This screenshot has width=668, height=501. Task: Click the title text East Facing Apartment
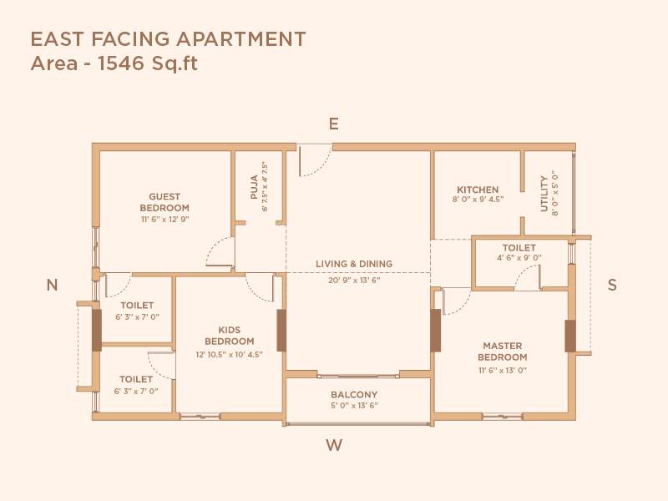[x=168, y=38]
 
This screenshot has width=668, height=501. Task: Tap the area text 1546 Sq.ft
[x=114, y=63]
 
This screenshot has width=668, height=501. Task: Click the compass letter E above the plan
[x=333, y=124]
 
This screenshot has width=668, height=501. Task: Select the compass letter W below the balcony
[x=334, y=445]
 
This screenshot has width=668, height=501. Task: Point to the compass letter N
[x=52, y=286]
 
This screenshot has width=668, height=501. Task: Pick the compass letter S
[x=612, y=285]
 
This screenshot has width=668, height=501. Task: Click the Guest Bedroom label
[x=164, y=202]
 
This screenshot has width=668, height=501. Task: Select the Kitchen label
[x=478, y=190]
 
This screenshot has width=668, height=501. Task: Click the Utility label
[x=544, y=193]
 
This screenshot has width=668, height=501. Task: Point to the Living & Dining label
[x=354, y=264]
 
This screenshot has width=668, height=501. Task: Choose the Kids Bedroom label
[x=230, y=336]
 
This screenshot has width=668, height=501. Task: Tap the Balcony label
[x=354, y=395]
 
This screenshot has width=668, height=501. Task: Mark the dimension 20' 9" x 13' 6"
[x=354, y=281]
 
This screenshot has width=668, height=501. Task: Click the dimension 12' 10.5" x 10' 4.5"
[x=230, y=354]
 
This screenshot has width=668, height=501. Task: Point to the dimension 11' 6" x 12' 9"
[x=164, y=220]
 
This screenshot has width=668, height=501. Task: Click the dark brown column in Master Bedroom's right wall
[x=570, y=336]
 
